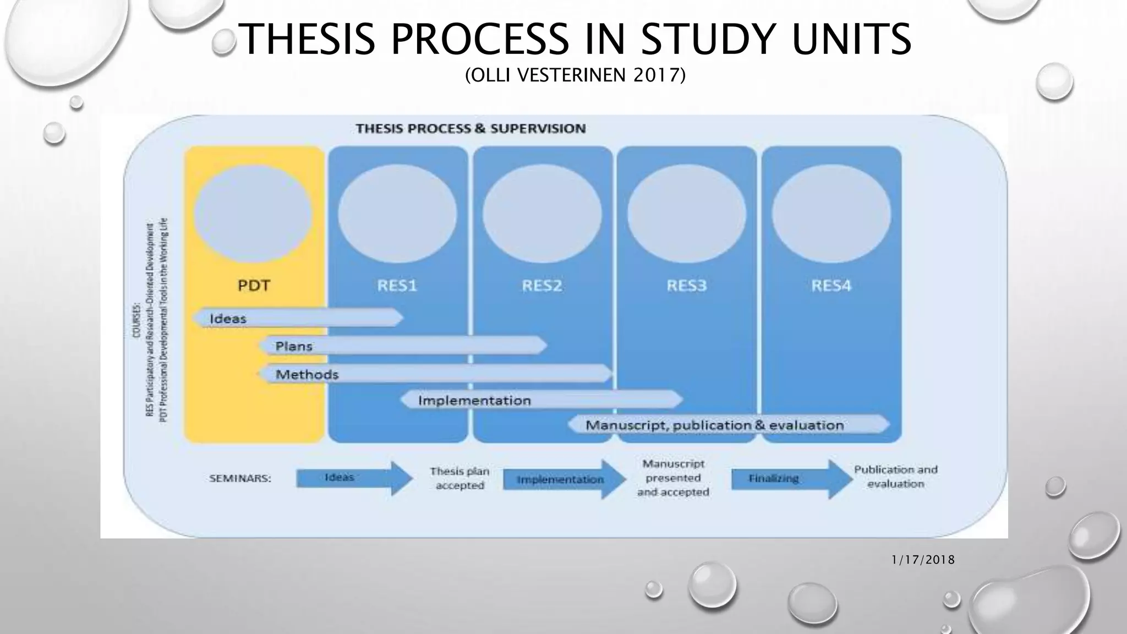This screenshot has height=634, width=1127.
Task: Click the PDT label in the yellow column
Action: [x=254, y=286]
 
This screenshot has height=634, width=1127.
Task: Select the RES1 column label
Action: [x=397, y=286]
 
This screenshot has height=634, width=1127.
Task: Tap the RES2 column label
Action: [x=542, y=286]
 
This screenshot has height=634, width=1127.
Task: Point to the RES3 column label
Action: [x=687, y=286]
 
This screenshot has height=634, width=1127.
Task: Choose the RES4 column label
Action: [x=831, y=286]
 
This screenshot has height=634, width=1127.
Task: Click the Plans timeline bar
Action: [x=403, y=346]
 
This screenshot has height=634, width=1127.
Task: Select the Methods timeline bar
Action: [x=435, y=374]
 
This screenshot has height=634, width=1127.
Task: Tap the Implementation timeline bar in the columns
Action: [x=541, y=400]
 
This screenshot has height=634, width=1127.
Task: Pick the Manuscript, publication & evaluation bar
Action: [x=729, y=425]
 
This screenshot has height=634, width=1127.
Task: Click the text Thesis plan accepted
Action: [x=459, y=478]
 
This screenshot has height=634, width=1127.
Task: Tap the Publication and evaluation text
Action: [x=895, y=477]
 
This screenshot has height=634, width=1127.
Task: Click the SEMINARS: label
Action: [x=240, y=479]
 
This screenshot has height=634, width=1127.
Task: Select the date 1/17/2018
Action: [x=923, y=560]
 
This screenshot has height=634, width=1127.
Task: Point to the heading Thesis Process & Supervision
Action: [x=471, y=129]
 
